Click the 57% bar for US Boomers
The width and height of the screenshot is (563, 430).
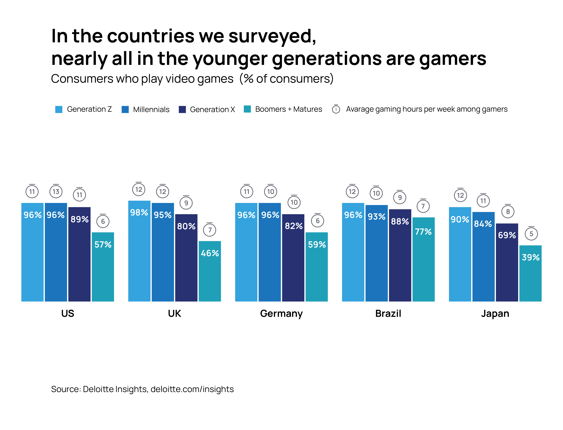coord(103,267)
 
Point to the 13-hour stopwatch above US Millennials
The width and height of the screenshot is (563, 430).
coord(56,191)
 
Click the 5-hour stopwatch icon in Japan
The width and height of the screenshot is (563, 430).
coord(531,234)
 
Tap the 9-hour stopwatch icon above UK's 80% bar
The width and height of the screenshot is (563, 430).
coord(186,203)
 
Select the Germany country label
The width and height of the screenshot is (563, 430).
coord(281,314)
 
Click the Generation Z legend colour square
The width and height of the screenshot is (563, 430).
coord(59,109)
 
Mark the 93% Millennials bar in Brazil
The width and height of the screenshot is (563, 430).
coord(376,253)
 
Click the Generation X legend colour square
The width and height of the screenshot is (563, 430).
coord(182,109)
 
